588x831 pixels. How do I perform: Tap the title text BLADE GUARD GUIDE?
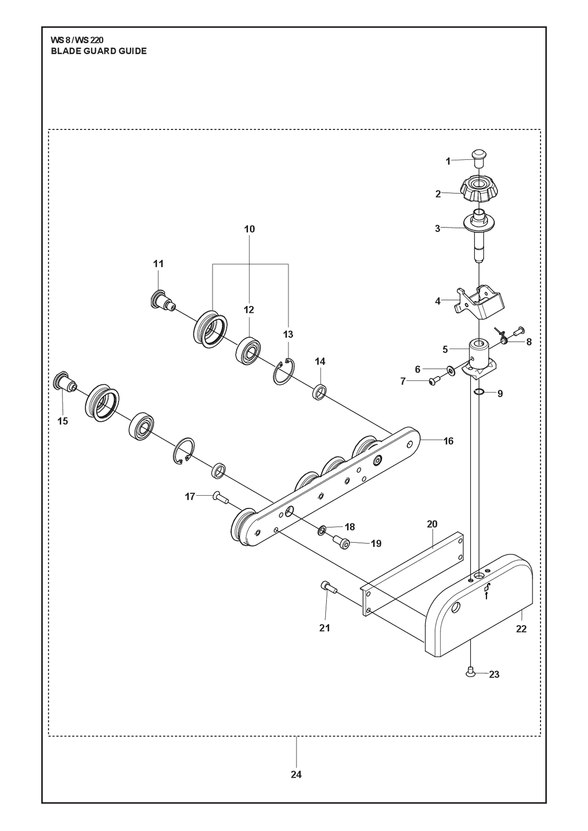(98, 51)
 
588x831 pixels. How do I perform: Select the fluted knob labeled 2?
(479, 189)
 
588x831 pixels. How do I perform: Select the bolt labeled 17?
(221, 496)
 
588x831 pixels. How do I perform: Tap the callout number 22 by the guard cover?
(521, 629)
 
